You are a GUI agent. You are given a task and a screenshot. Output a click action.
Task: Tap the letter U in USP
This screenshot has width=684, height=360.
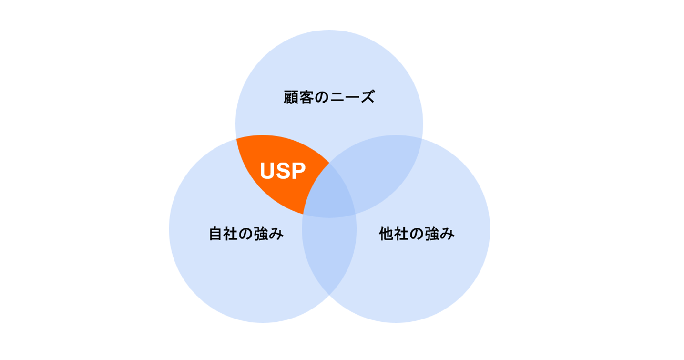[x=267, y=171]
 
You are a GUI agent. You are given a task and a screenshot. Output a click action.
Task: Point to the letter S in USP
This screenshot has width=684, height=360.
[x=283, y=171]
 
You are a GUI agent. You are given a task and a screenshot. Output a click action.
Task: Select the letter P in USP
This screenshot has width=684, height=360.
[x=297, y=171]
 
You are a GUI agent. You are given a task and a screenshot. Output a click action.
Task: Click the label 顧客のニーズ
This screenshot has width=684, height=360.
[x=329, y=98]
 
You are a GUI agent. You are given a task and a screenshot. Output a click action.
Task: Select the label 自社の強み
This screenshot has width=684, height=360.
[x=246, y=234]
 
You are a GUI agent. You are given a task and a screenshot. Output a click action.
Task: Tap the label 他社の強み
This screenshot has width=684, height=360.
[x=417, y=234]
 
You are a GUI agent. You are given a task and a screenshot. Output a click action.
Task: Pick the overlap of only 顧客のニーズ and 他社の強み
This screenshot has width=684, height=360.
[x=377, y=167]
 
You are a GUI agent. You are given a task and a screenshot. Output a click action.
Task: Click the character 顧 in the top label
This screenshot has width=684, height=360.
[x=291, y=98]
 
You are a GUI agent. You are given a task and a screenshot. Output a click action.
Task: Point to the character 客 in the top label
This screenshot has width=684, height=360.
[x=306, y=98]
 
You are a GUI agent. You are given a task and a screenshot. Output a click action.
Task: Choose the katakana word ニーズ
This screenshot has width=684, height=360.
[x=352, y=98]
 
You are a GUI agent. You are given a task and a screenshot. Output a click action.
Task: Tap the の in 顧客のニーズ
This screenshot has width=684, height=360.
[x=322, y=98]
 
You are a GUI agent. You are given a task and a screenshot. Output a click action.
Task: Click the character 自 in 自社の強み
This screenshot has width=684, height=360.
[x=216, y=234]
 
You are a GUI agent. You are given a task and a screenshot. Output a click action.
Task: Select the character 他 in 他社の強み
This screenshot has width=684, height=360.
[x=387, y=234]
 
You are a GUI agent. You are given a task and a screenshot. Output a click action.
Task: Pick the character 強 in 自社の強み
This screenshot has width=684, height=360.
[x=262, y=234]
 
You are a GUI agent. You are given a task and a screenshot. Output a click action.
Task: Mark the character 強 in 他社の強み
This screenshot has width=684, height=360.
[x=432, y=234]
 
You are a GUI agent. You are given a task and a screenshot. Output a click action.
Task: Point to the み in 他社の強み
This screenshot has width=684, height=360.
[x=447, y=234]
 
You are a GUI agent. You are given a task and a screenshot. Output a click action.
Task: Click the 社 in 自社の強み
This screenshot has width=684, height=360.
[x=231, y=234]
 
